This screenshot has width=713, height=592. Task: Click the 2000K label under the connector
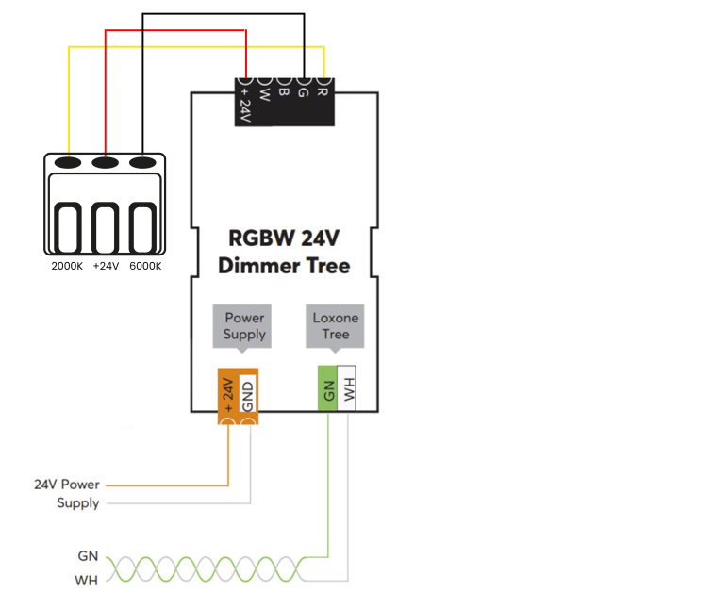[x=67, y=266]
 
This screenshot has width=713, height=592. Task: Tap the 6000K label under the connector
[x=145, y=266]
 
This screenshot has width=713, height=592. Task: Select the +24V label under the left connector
[x=106, y=266]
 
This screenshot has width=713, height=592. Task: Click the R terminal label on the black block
[x=322, y=91]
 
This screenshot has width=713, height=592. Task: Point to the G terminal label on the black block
[x=303, y=92]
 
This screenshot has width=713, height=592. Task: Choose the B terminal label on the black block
[x=283, y=91]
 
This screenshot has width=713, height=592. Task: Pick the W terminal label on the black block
[x=264, y=94]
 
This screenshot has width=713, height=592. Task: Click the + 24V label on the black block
[x=245, y=105]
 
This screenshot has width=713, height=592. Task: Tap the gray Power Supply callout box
[x=242, y=327]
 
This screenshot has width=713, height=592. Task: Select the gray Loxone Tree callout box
[x=335, y=327]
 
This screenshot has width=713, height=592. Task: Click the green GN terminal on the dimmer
[x=327, y=388]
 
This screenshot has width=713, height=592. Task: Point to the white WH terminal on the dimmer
[x=346, y=388]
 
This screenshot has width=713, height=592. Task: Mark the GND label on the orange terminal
[x=247, y=396]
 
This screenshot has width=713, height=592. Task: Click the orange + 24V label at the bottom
[x=228, y=395]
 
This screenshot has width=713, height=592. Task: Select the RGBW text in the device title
[x=261, y=238]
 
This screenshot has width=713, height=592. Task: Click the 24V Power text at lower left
[x=66, y=485]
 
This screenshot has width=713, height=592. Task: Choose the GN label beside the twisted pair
[x=88, y=556]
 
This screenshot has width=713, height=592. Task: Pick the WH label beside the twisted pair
[x=87, y=580]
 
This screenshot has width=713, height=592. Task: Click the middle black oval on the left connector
[x=106, y=162]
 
